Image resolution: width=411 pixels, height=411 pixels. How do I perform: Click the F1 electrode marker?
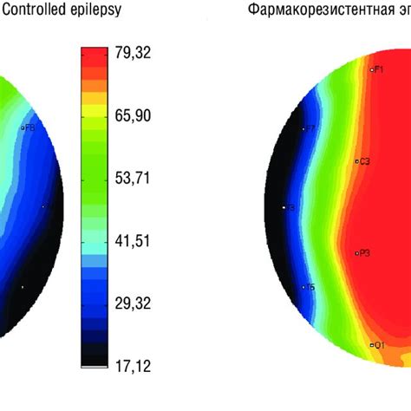pyautogui.click(x=376, y=69)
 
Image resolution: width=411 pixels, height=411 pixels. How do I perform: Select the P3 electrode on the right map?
pyautogui.click(x=362, y=253)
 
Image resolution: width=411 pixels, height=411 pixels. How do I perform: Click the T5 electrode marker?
pyautogui.click(x=310, y=287)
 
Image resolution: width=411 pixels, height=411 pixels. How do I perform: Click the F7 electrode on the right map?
pyautogui.click(x=310, y=129)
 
